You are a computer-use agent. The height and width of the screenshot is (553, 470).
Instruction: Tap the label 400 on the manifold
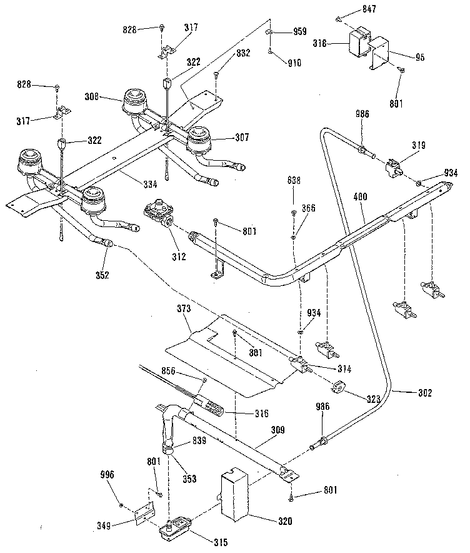pos(360,196)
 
